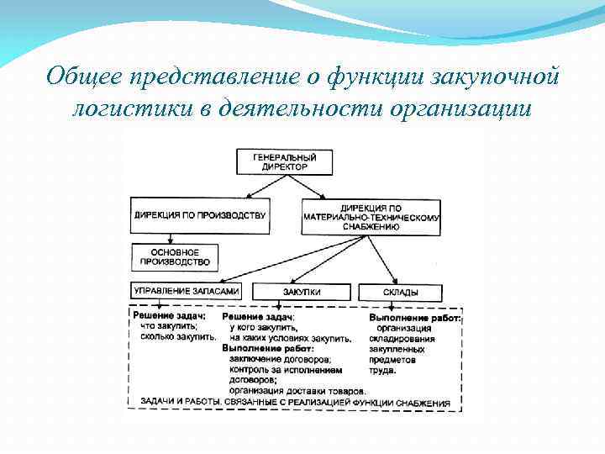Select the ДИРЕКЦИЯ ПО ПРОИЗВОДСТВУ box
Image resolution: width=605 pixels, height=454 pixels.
tap(200, 215)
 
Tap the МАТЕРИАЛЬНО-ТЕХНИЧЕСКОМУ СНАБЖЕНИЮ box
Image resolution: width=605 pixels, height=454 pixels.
tap(371, 217)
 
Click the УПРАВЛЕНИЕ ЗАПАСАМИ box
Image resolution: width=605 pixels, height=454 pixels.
tap(186, 291)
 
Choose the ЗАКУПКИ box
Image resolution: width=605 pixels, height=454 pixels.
tap(302, 292)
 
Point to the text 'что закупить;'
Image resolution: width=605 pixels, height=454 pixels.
tap(168, 326)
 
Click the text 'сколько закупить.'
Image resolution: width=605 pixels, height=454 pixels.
tap(178, 337)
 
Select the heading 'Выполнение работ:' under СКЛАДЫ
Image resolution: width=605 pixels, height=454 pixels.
tap(415, 317)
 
